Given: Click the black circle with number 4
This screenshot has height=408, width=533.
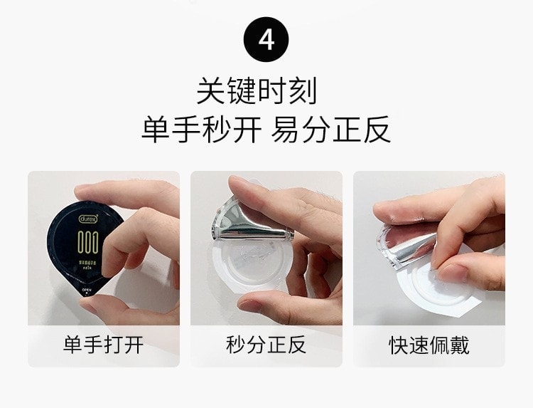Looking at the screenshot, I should pos(266,39).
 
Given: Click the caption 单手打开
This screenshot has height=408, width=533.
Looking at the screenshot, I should pos(103,346).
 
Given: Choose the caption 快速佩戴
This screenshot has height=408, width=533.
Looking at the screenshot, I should pos(429,346).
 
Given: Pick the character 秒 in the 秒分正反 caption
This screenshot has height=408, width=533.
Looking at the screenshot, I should pos(236,346).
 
